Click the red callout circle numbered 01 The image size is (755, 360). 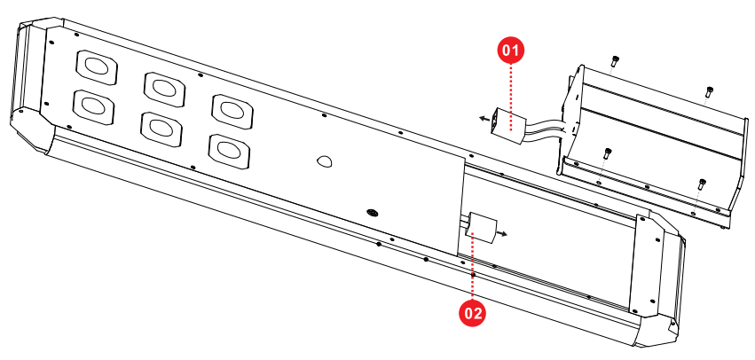tap(510, 51)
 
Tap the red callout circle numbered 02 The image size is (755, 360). tap(472, 311)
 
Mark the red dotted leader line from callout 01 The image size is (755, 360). tap(511, 89)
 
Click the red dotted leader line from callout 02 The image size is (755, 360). tap(473, 270)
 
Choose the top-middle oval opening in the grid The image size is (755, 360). tap(163, 87)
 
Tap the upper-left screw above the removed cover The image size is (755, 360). tap(614, 61)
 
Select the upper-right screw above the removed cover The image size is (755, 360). tap(708, 90)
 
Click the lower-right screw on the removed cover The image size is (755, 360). tap(701, 184)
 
